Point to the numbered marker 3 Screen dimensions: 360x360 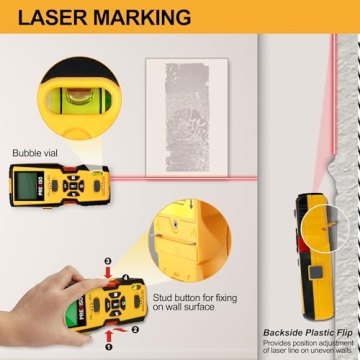[108, 261]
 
